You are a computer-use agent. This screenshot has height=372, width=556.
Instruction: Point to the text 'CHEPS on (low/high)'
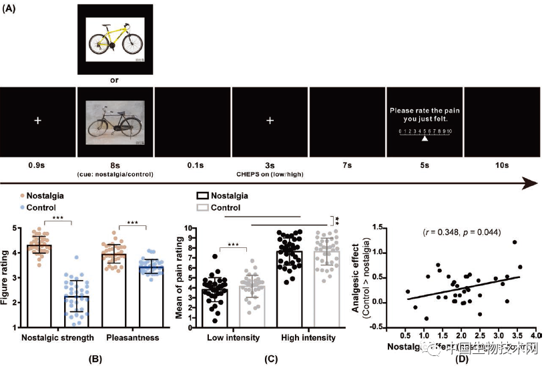pyautogui.click(x=269, y=173)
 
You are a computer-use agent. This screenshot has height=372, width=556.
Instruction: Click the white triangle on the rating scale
pyautogui.click(x=425, y=139)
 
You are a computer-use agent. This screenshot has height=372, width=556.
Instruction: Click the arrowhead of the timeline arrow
pyautogui.click(x=531, y=183)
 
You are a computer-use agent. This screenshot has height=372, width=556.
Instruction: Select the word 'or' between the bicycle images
pyautogui.click(x=115, y=81)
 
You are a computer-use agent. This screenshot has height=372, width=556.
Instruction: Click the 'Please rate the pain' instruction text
pyautogui.click(x=425, y=111)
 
